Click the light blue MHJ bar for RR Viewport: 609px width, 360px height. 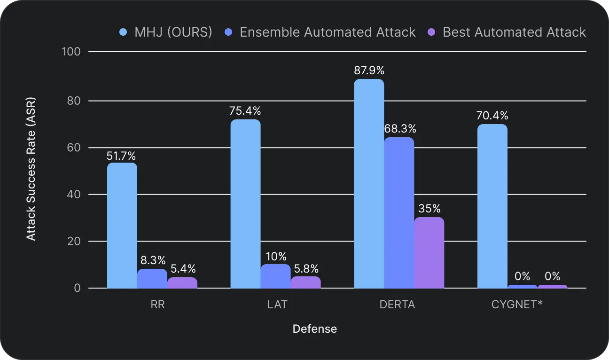click(122, 226)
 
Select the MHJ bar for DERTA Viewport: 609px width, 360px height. click(369, 183)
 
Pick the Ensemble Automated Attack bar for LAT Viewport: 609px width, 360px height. click(275, 276)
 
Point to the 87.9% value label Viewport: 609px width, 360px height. click(369, 70)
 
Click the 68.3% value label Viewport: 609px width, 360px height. click(399, 129)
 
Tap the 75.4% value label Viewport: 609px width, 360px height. click(245, 111)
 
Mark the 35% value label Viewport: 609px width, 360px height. click(429, 208)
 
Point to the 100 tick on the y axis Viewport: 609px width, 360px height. click(72, 51)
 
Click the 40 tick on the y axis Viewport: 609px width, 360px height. click(74, 194)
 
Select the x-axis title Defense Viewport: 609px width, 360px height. click(314, 329)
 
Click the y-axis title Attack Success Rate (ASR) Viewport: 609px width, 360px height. click(31, 169)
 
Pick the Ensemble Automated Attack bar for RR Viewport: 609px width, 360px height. click(152, 278)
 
